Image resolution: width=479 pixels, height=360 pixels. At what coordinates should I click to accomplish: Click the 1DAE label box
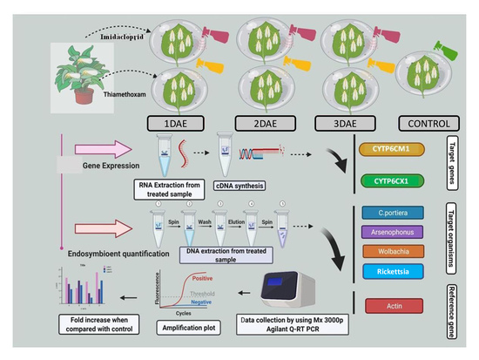pos(176,122)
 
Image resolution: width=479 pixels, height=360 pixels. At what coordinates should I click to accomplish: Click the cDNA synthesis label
pos(240,186)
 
